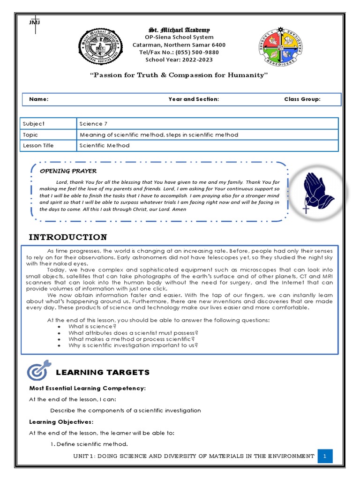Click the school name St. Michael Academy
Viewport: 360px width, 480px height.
[x=179, y=30]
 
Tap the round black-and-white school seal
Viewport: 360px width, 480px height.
[x=98, y=48]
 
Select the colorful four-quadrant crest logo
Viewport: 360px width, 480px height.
[x=280, y=49]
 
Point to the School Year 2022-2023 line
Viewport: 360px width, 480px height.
[x=179, y=60]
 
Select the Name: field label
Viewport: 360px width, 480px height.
[x=38, y=99]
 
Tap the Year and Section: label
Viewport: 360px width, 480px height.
[x=194, y=99]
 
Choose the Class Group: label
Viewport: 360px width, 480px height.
[x=302, y=99]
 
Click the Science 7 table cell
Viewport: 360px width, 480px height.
[x=93, y=124]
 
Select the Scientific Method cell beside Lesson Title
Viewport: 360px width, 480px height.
[x=105, y=146]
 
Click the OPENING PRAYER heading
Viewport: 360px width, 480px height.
[x=68, y=171]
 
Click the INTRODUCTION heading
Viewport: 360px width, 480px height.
[x=67, y=237]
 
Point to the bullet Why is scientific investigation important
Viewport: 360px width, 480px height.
[x=133, y=345]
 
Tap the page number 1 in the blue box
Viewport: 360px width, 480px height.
[x=325, y=456]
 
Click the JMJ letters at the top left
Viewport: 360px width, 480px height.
[x=34, y=22]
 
